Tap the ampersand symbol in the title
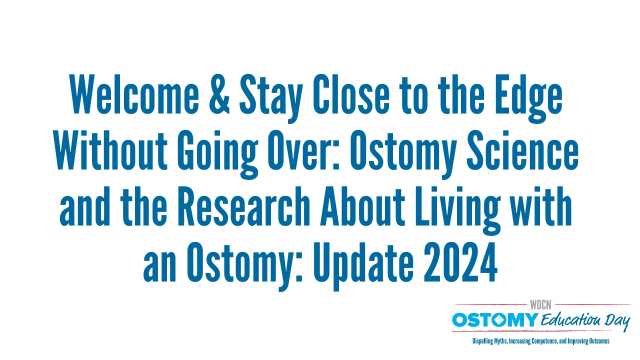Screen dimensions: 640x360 tap(219, 94)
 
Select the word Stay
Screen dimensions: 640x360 tap(271, 98)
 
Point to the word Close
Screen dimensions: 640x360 tap(351, 94)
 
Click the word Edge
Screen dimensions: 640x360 tap(528, 98)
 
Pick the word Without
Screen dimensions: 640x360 tap(110, 150)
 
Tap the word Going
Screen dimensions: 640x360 tap(217, 154)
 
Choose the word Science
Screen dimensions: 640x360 tap(522, 150)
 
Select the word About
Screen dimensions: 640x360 tap(362, 206)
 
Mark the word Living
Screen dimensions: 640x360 tap(457, 210)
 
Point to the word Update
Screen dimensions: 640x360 tap(363, 266)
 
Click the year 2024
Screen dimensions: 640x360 tap(460, 261)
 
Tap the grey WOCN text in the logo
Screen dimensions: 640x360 tap(540, 305)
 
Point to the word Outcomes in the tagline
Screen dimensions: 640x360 tap(599, 341)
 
